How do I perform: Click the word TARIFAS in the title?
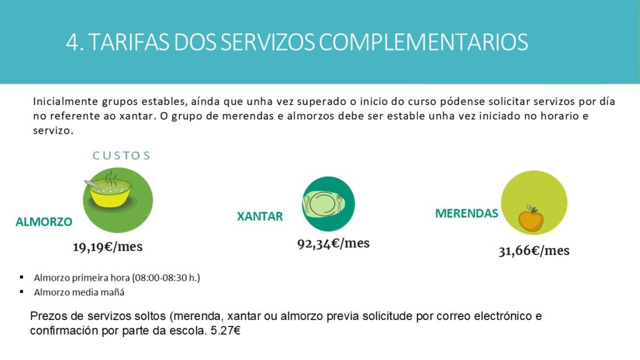tap(129, 42)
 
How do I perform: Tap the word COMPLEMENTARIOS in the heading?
tap(423, 42)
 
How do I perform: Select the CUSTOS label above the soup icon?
tap(122, 156)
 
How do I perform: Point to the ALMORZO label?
tap(44, 222)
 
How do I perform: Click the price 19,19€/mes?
tap(107, 247)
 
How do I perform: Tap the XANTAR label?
tap(260, 216)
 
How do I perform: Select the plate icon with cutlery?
tap(323, 203)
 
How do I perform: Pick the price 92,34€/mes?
tap(334, 244)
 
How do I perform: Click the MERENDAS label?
tap(466, 213)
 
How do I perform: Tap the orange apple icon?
tap(531, 219)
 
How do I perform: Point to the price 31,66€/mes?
tap(534, 251)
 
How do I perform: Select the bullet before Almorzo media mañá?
tap(22, 292)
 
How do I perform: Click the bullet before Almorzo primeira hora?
tap(22, 277)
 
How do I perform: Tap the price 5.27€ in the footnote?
tap(225, 330)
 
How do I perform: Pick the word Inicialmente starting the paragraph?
tap(66, 101)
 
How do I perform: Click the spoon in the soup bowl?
tap(92, 185)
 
